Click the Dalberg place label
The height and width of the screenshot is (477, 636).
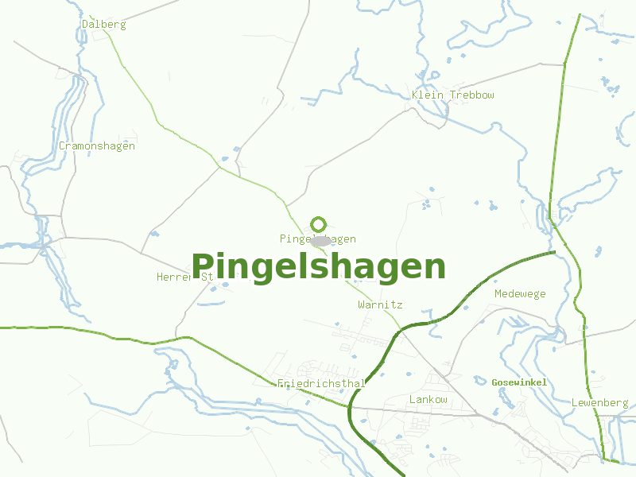tap(104, 25)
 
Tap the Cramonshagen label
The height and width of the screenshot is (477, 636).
tap(97, 146)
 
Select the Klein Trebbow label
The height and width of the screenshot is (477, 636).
tap(453, 95)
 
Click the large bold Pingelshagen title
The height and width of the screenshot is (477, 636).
tap(319, 266)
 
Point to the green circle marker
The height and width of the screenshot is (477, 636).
tap(319, 224)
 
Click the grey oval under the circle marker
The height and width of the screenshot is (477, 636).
tap(320, 240)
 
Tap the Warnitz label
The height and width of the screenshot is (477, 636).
tap(380, 304)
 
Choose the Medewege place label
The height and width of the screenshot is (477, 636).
tap(520, 294)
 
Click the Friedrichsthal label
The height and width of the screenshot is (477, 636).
tap(321, 384)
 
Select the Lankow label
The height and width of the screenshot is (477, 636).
tap(428, 399)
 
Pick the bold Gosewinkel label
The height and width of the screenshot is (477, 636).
tap(519, 383)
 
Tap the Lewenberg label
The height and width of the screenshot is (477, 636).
tap(599, 403)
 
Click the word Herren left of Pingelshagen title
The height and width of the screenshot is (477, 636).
tap(175, 277)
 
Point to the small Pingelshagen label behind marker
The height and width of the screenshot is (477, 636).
tap(318, 239)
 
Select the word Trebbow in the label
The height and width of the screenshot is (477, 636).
tap(472, 95)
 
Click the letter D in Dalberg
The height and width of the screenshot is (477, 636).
tap(85, 25)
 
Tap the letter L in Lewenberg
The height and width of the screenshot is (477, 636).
tap(574, 403)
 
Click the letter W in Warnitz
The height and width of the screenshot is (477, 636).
tap(362, 304)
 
